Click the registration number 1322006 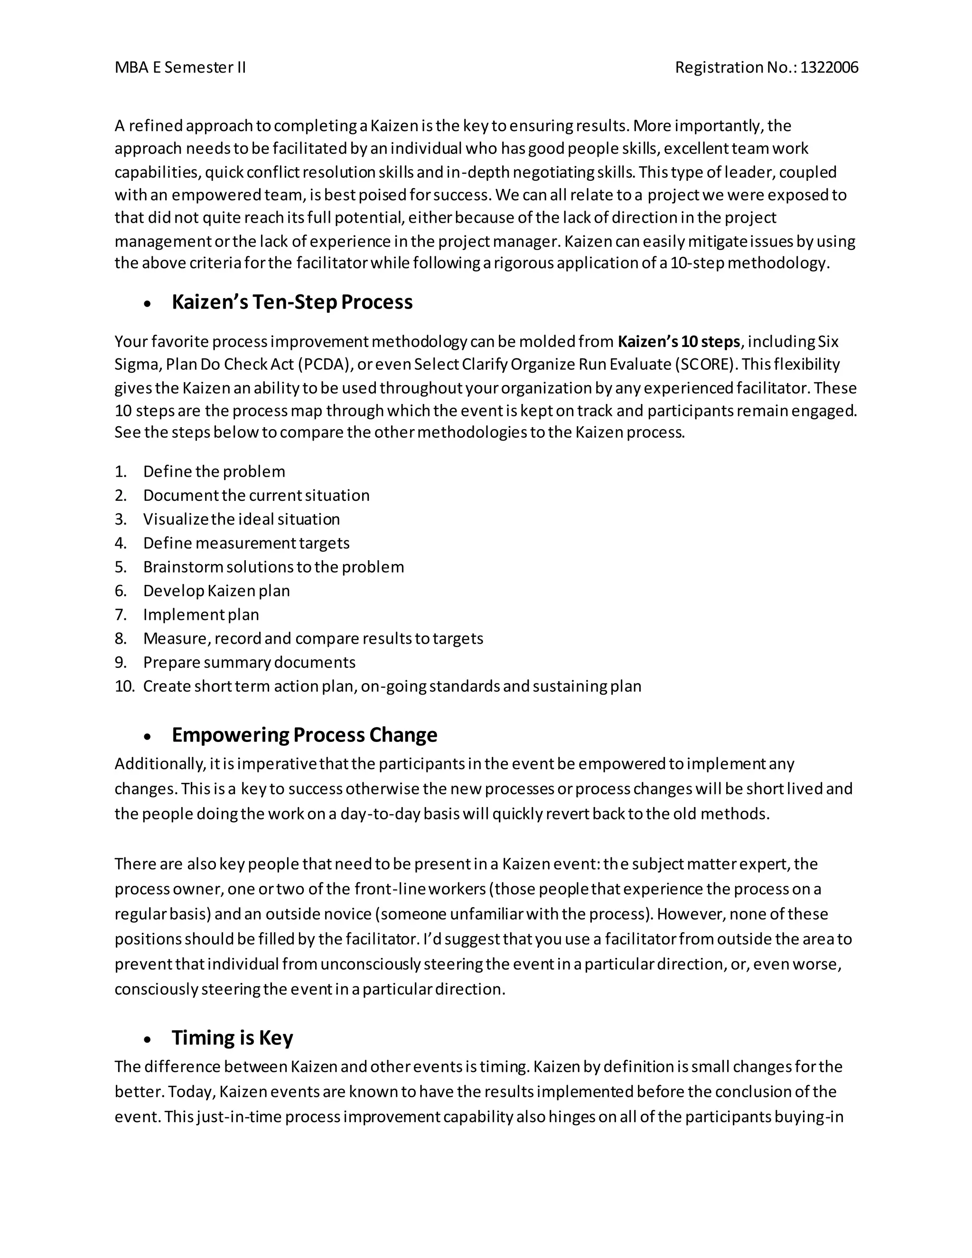click(x=829, y=68)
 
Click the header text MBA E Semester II click(x=180, y=68)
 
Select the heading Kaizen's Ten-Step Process click(x=292, y=302)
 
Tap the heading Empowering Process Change click(x=304, y=735)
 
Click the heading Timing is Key click(x=232, y=1037)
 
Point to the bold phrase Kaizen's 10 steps click(x=678, y=342)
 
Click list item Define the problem click(x=214, y=472)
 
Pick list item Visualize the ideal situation click(x=241, y=519)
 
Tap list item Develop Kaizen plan click(x=216, y=591)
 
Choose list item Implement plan click(x=201, y=615)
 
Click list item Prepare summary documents click(x=249, y=662)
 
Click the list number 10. click(x=124, y=686)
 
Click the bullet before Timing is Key click(x=148, y=1040)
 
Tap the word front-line click(x=381, y=889)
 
